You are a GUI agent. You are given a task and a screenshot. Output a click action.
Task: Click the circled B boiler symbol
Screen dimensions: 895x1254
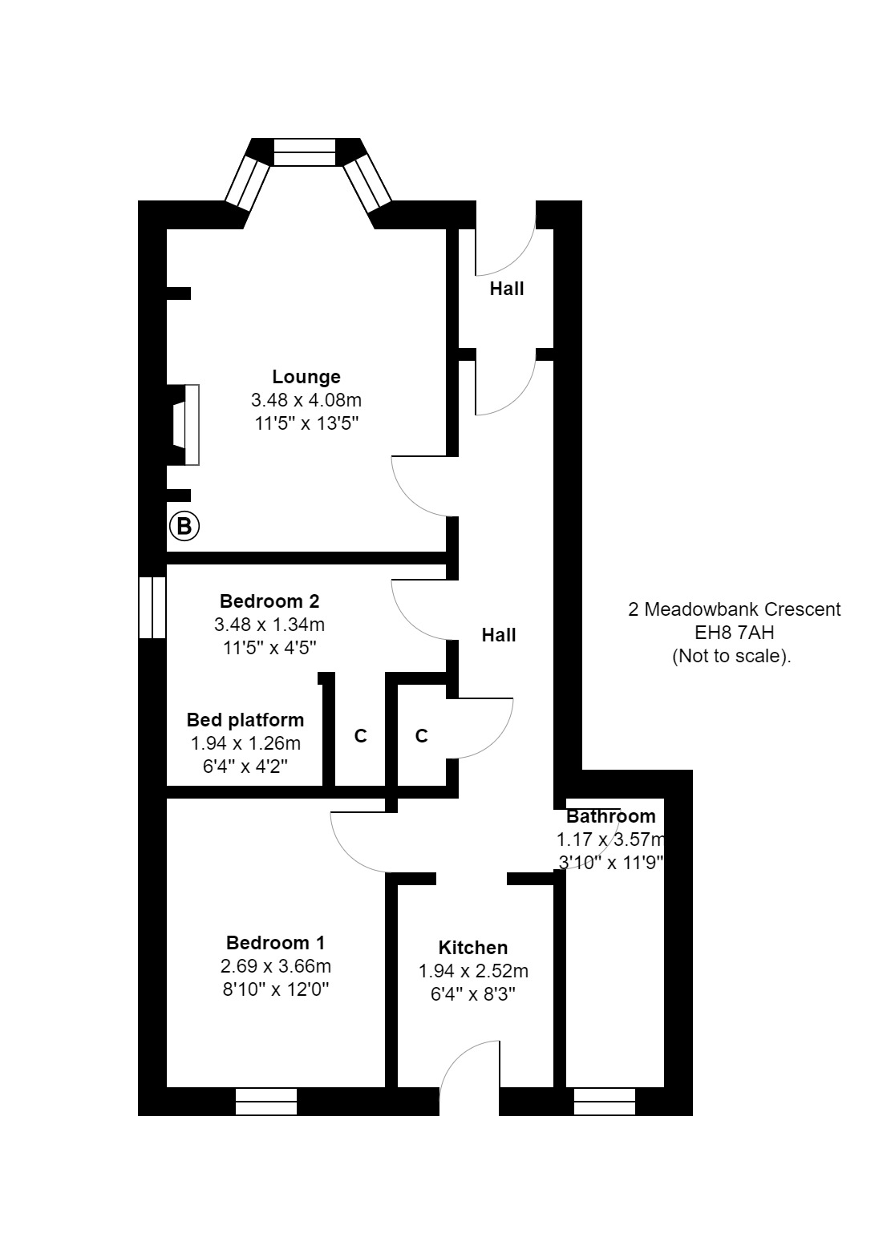coord(184,526)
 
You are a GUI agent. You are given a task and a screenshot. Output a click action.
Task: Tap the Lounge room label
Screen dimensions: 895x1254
coord(306,377)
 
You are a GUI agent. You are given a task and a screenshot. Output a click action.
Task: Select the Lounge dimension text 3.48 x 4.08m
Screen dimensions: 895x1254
coord(306,400)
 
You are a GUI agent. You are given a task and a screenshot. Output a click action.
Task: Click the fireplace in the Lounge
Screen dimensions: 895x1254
coord(184,425)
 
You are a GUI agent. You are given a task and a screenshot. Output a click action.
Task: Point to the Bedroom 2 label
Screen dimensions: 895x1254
coord(269,601)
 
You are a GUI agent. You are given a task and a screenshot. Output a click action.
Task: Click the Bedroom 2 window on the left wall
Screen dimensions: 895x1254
coord(152,608)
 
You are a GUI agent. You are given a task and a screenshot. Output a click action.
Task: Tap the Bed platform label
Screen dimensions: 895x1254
coord(245,720)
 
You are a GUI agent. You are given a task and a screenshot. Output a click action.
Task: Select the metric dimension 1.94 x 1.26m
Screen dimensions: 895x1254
coord(245,743)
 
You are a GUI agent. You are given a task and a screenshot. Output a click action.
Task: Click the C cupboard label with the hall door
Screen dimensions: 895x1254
coord(422,735)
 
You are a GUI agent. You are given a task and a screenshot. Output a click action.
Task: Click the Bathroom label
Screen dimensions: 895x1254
coord(610,816)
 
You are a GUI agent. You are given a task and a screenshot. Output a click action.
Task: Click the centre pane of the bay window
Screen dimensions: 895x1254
coord(305,152)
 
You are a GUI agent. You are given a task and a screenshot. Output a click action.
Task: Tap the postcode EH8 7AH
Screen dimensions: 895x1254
coord(735,633)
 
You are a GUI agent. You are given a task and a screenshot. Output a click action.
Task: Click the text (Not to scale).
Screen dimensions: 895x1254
coord(731,656)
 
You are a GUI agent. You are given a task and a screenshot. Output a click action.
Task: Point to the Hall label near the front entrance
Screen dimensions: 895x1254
coord(507,289)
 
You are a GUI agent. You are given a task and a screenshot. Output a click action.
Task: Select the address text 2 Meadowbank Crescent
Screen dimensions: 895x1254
coord(735,609)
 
